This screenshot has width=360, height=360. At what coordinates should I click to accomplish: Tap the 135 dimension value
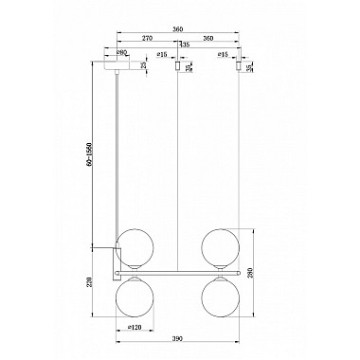(184, 45)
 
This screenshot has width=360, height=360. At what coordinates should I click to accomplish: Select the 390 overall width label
(179, 338)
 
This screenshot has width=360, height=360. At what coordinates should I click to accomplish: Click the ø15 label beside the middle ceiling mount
(164, 56)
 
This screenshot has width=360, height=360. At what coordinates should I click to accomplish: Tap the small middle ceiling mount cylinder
(179, 67)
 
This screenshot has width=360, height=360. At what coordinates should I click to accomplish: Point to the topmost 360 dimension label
(179, 28)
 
